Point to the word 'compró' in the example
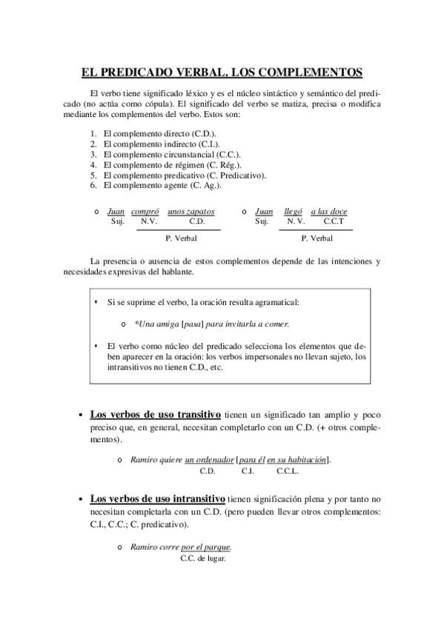point(145,211)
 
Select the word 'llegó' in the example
point(294,211)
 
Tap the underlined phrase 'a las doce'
point(328,211)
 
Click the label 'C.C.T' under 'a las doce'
point(334,221)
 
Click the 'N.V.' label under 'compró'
point(148,221)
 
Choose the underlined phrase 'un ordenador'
point(208,459)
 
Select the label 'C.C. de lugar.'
point(202,558)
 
